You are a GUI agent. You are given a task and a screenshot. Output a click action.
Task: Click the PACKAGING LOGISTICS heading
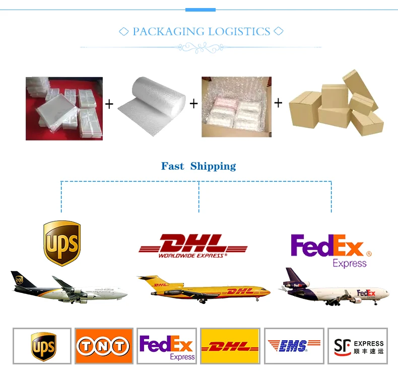pyautogui.click(x=201, y=32)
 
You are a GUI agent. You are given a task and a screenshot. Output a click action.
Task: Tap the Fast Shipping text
pyautogui.click(x=198, y=166)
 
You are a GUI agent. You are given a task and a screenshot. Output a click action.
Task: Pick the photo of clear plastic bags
pyautogui.click(x=64, y=108)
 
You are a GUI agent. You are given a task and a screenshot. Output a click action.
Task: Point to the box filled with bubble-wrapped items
pyautogui.click(x=236, y=107)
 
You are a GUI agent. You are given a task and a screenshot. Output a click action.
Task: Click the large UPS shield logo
pyautogui.click(x=62, y=244)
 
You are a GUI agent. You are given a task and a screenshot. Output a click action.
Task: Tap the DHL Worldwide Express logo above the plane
pyautogui.click(x=193, y=247)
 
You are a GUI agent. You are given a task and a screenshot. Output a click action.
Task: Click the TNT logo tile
pyautogui.click(x=104, y=346)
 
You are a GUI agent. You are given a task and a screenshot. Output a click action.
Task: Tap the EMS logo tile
pyautogui.click(x=294, y=346)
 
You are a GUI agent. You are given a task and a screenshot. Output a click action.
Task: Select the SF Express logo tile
pyautogui.click(x=358, y=346)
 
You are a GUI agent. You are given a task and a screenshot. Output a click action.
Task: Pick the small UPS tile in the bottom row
pyautogui.click(x=42, y=346)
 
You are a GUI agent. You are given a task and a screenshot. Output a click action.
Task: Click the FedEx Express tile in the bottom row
pyautogui.click(x=167, y=346)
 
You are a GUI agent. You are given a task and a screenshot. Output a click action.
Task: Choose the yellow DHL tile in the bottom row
pyautogui.click(x=230, y=346)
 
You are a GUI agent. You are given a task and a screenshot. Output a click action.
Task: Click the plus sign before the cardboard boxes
pyautogui.click(x=278, y=103)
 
